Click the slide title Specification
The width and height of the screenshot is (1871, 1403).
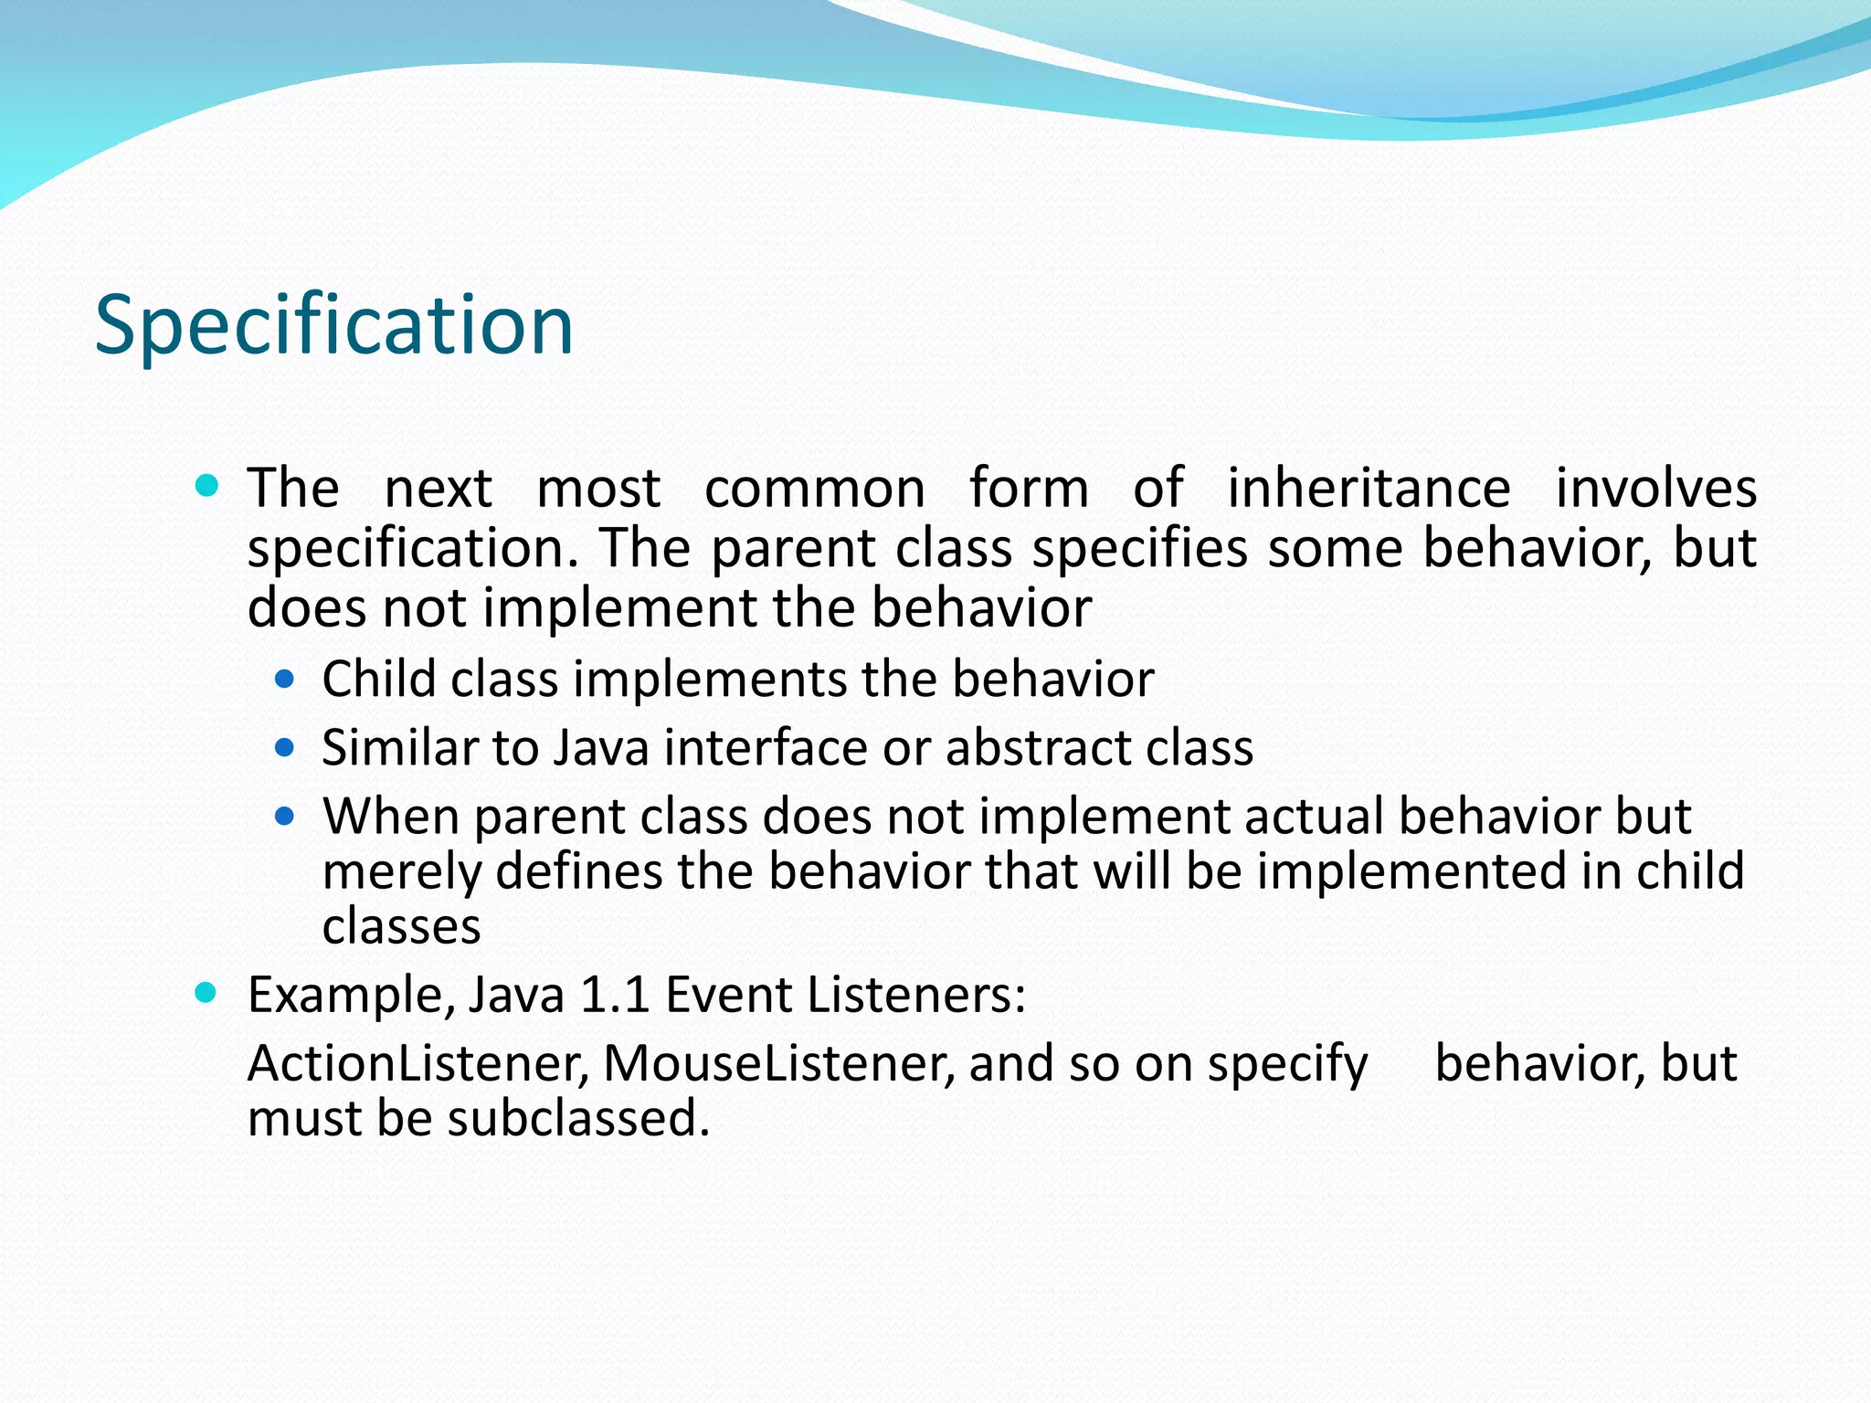pos(334,326)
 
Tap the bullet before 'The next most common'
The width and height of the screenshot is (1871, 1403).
pos(207,484)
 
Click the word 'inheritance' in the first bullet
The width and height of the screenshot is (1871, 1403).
pos(1368,488)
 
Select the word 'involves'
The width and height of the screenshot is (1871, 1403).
pos(1655,488)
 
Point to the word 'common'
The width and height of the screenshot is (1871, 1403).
pos(815,490)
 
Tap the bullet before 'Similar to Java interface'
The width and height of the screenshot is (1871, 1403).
pos(285,748)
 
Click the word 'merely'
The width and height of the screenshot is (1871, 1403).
pos(402,872)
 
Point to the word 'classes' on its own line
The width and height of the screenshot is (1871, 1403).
pos(401,927)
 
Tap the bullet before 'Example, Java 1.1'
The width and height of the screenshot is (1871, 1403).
pos(207,992)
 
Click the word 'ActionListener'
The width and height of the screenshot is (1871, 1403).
pos(417,1064)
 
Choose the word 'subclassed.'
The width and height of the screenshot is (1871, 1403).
pos(578,1119)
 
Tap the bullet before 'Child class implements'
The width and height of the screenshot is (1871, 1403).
pos(285,680)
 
